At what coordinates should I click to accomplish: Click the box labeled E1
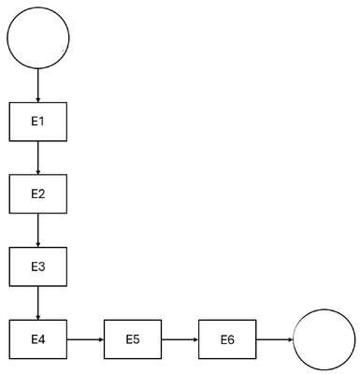click(38, 122)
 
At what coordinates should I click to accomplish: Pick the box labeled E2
click(38, 194)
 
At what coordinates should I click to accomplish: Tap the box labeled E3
click(38, 266)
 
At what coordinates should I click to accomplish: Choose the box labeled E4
click(38, 339)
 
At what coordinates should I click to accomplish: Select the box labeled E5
click(133, 339)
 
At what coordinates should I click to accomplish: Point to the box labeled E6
click(227, 339)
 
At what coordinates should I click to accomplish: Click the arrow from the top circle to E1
click(38, 86)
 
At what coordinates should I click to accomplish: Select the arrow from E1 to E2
click(38, 158)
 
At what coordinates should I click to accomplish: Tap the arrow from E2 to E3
click(38, 231)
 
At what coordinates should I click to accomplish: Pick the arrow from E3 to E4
click(38, 303)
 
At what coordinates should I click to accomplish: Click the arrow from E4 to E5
click(85, 339)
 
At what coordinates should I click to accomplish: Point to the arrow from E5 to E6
click(180, 339)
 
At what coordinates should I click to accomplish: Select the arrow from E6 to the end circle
click(275, 339)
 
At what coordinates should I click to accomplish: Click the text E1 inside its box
click(38, 122)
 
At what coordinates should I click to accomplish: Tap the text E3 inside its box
click(38, 266)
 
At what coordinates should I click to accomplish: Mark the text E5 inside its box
click(133, 339)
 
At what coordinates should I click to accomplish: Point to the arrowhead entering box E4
click(38, 318)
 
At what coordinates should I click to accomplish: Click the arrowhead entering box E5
click(102, 339)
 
